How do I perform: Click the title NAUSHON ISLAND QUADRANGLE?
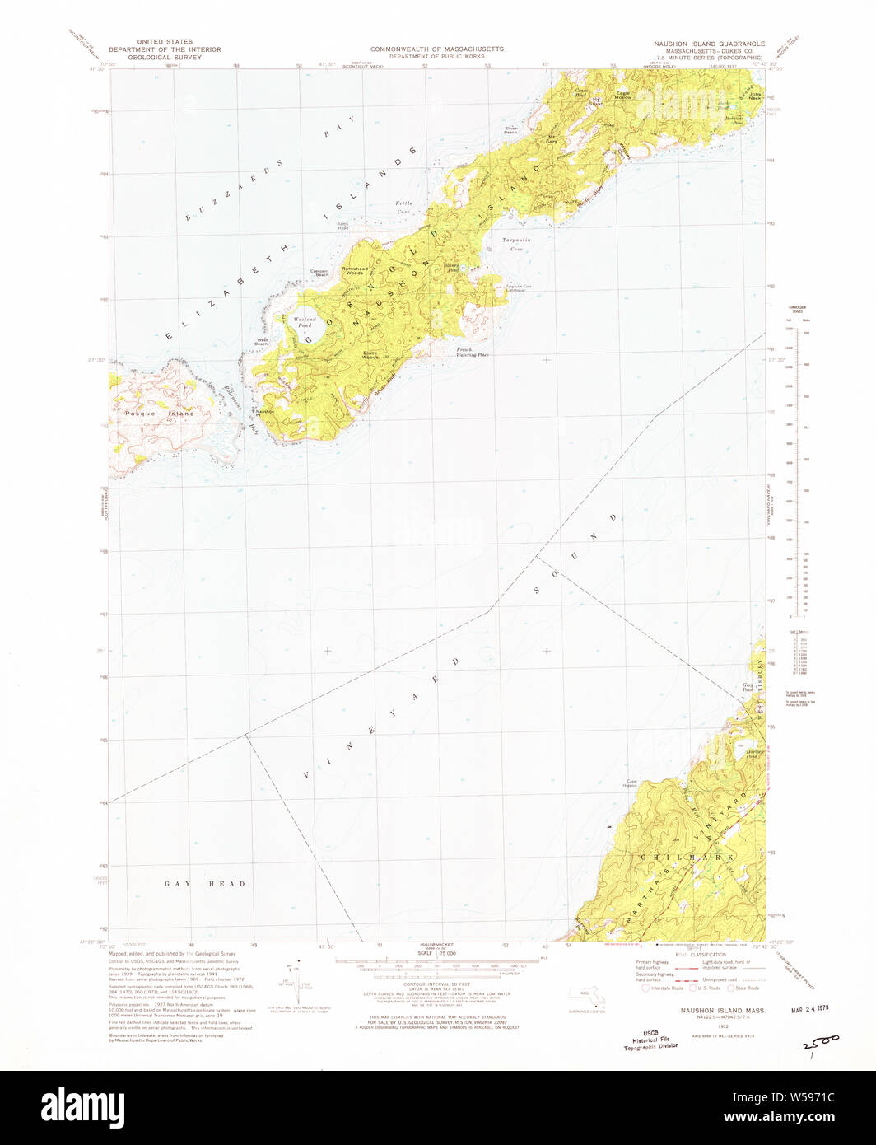(706, 44)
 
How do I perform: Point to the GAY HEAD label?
(204, 884)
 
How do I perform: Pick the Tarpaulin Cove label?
(513, 244)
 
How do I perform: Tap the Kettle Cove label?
(403, 206)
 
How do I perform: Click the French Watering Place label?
(473, 352)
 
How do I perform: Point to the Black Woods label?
(370, 356)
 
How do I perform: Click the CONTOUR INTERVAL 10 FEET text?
(437, 984)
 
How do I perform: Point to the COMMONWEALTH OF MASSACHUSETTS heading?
(436, 49)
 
